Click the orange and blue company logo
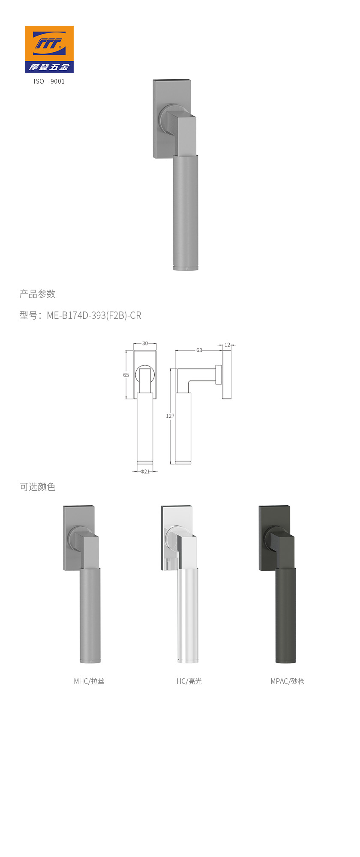coord(49,49)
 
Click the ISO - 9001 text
coord(49,81)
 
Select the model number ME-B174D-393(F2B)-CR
coord(94,315)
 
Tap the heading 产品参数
coord(38,294)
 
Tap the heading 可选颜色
coord(38,487)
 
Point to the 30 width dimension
coord(145,344)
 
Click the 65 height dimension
coord(126,375)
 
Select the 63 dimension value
coord(199,350)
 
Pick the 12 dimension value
coord(227,345)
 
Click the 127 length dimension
coord(170,416)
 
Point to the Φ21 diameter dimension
coord(145,471)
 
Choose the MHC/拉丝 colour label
coord(89,681)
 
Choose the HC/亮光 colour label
coord(189,681)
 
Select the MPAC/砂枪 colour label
coord(287,681)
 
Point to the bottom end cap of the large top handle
coord(186,268)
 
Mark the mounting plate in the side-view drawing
coord(227,375)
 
